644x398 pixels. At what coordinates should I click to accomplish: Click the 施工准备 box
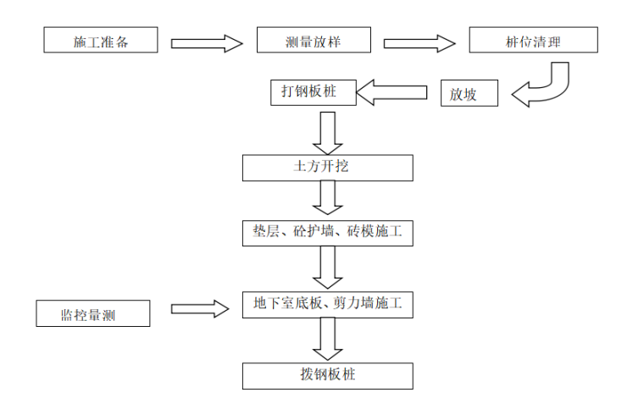coord(101,41)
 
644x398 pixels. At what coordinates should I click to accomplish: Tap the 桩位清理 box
coord(533,41)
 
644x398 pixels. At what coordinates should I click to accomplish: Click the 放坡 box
coord(469,94)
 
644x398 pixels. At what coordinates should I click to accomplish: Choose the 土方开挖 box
coord(328,167)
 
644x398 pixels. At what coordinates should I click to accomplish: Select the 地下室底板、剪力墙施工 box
coord(328,304)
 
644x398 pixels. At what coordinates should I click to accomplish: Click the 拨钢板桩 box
coord(328,375)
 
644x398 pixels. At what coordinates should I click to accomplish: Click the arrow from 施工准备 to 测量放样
coord(207,42)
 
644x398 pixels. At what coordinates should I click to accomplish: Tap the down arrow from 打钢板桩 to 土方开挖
coord(327,131)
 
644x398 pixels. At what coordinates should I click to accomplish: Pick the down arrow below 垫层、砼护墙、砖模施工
coord(327,268)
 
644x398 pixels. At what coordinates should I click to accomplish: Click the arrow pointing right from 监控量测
coord(199,308)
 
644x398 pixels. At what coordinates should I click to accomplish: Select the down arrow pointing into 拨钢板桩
coord(327,340)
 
